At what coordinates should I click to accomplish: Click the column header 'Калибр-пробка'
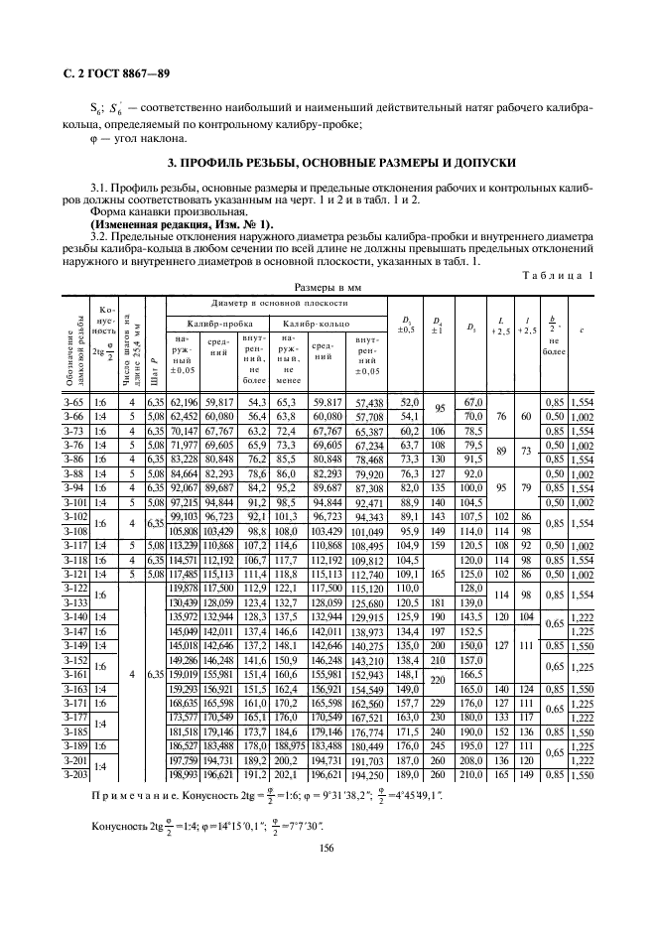(x=205, y=324)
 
